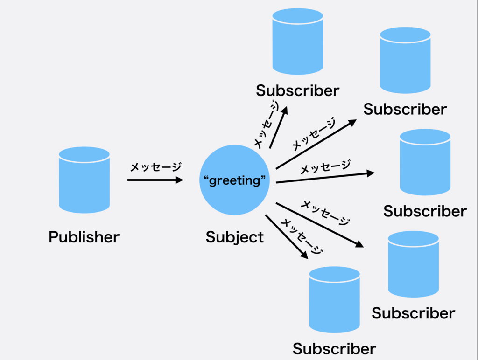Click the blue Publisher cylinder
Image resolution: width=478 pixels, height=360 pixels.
tap(84, 180)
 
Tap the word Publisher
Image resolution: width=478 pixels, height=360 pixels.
tap(84, 237)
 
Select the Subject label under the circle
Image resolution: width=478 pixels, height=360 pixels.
tap(234, 237)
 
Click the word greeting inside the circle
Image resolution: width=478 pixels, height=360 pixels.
tap(235, 180)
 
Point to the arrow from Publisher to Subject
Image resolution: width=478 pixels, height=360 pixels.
tap(155, 180)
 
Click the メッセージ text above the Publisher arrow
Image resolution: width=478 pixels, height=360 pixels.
tap(155, 167)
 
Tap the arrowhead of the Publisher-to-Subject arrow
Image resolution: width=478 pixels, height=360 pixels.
tap(179, 180)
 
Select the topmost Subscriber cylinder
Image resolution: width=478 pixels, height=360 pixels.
tap(297, 42)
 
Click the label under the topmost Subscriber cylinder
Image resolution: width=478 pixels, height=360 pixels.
tap(297, 90)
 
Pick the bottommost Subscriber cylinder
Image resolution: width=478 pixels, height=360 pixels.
tap(334, 300)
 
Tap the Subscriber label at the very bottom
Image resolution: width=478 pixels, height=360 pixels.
tap(334, 349)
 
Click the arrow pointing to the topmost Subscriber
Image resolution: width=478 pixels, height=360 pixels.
tap(278, 128)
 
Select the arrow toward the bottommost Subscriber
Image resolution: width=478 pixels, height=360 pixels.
tap(287, 237)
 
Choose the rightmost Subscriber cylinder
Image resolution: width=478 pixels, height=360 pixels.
tap(425, 162)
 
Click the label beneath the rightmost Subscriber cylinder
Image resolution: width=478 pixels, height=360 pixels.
tap(425, 211)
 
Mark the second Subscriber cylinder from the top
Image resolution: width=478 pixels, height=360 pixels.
tap(405, 60)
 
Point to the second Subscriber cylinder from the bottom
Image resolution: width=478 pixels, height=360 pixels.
tap(414, 264)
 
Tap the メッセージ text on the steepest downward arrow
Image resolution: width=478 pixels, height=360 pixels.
tap(302, 236)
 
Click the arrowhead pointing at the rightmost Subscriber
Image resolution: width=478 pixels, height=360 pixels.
tap(370, 173)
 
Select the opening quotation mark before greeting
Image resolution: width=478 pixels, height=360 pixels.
tap(206, 178)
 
